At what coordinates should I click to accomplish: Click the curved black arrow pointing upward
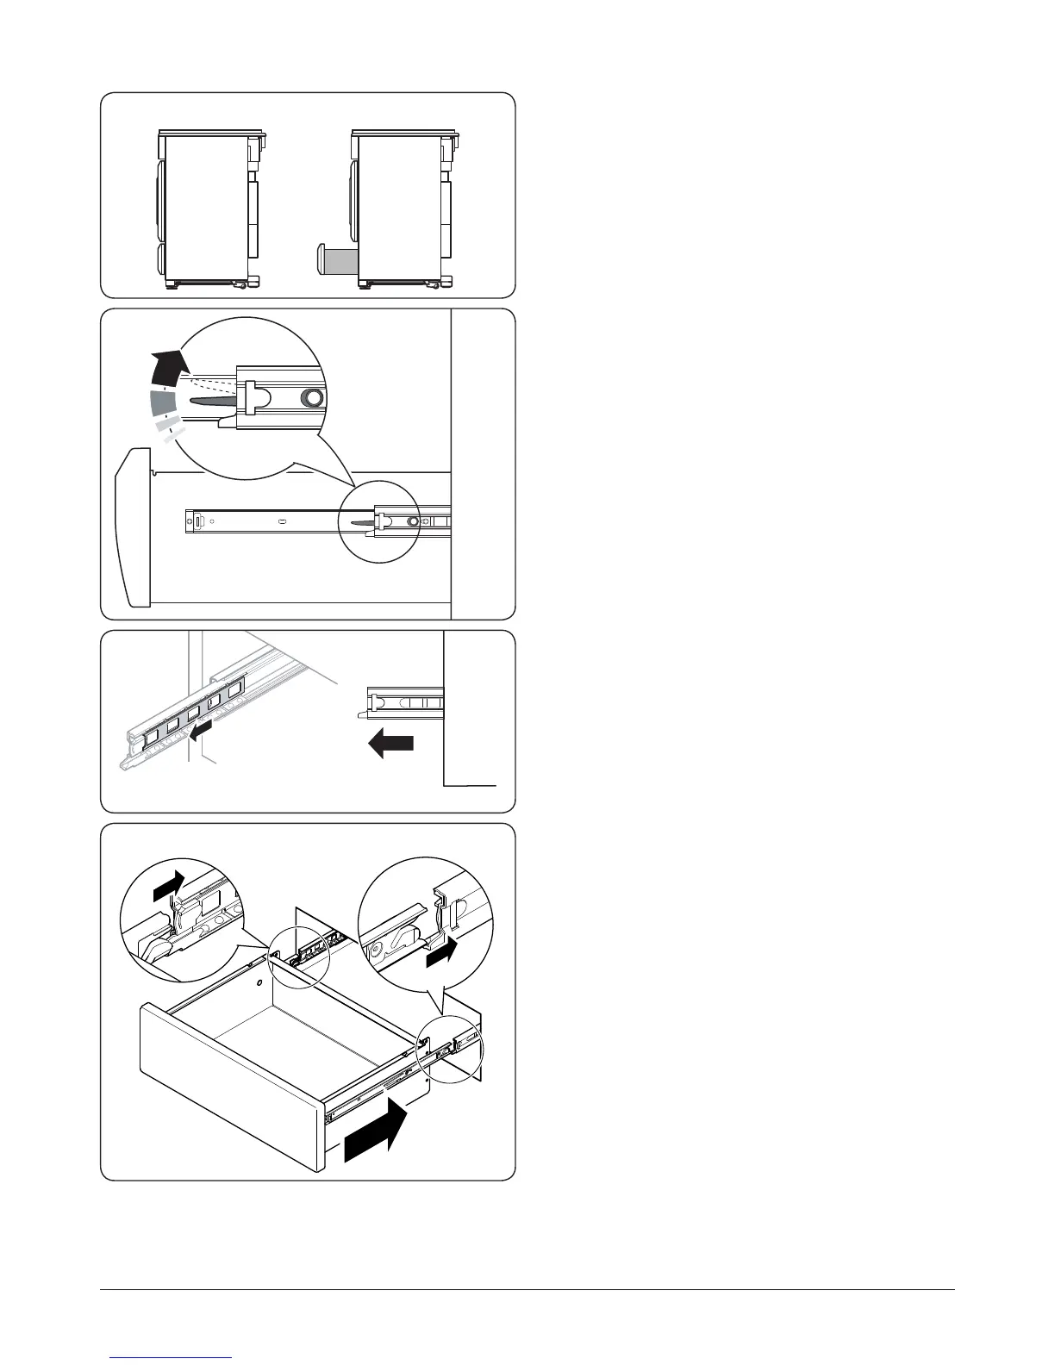(x=167, y=366)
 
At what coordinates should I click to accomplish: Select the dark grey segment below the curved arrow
(x=163, y=402)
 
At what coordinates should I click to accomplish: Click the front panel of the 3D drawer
(x=231, y=1088)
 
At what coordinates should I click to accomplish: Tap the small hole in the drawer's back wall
(x=259, y=982)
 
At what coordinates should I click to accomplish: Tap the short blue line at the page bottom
(x=172, y=1357)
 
